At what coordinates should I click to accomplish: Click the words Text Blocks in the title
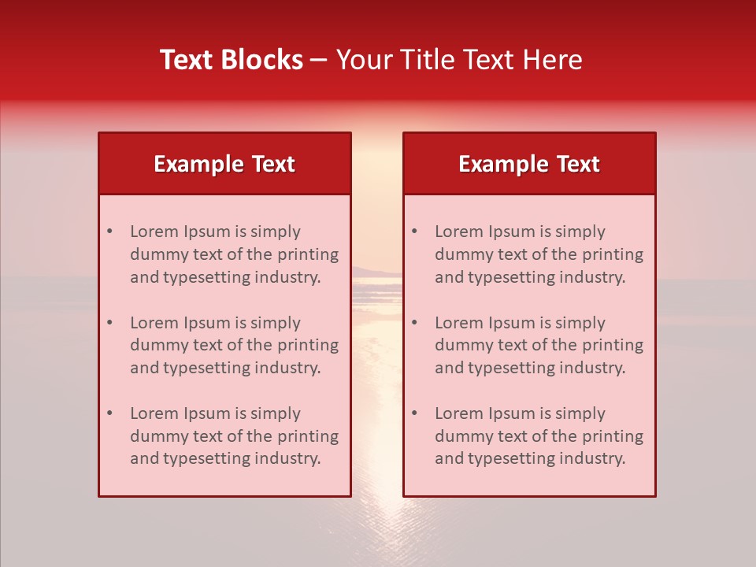232,60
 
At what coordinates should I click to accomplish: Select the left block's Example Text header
224,164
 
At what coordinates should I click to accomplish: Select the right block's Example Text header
529,164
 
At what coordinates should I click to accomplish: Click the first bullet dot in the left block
110,232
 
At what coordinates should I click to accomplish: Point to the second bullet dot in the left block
110,323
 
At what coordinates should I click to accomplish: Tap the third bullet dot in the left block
110,413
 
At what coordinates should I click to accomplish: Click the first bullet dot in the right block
415,232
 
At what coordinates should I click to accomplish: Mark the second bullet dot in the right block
415,323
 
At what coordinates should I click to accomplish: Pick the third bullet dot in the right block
415,413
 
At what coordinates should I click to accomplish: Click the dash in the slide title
319,60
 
